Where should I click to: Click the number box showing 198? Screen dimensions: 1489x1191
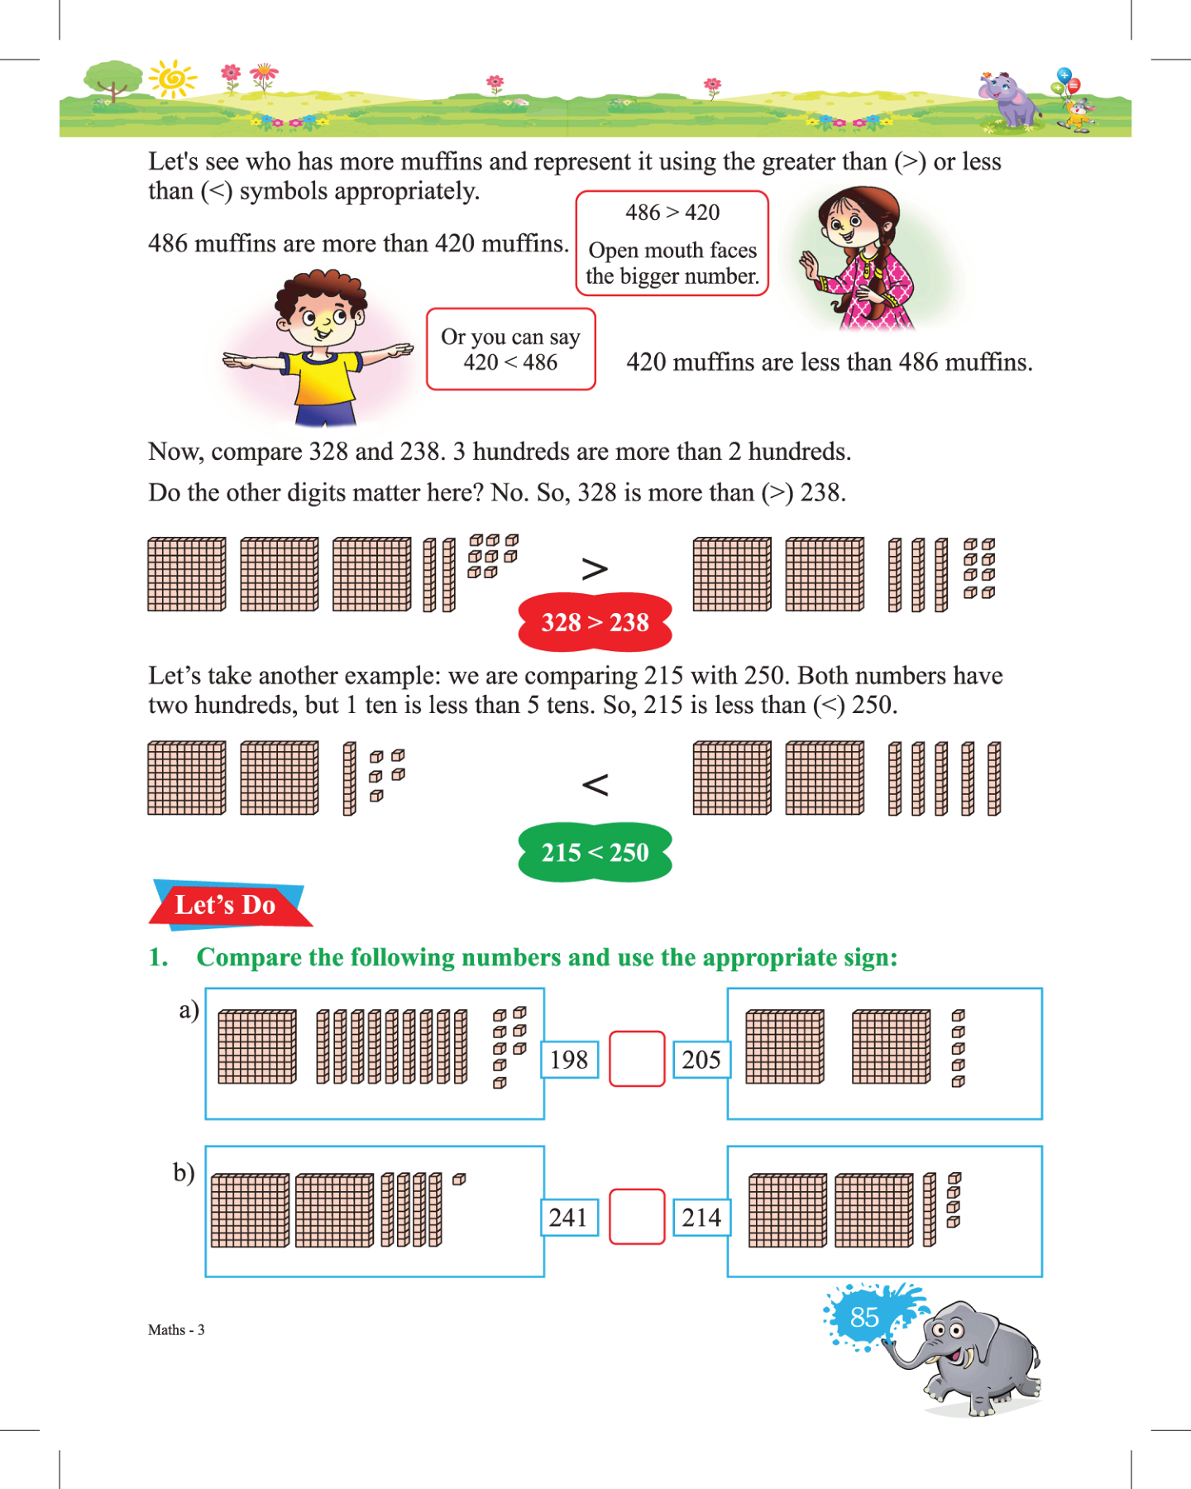[x=569, y=1060]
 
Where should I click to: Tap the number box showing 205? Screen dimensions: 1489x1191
[x=701, y=1060]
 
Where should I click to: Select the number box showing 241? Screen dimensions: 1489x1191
[x=569, y=1218]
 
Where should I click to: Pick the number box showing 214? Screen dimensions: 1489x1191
[x=701, y=1218]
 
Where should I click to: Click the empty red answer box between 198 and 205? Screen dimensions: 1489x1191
[x=637, y=1059]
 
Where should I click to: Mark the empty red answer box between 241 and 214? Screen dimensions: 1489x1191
[x=637, y=1217]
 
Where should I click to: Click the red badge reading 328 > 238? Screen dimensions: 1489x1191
[x=595, y=622]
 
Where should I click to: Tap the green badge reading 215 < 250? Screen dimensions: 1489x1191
[x=595, y=852]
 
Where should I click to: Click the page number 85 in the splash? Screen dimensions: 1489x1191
[x=864, y=1317]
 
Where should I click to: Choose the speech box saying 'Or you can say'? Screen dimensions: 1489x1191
[x=510, y=349]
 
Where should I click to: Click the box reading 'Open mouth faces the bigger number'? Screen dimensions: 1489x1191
[x=672, y=244]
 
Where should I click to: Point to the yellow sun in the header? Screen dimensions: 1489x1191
[x=172, y=79]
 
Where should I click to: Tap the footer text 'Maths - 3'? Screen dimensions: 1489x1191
[x=176, y=1330]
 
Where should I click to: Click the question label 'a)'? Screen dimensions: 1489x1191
[x=189, y=1010]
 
